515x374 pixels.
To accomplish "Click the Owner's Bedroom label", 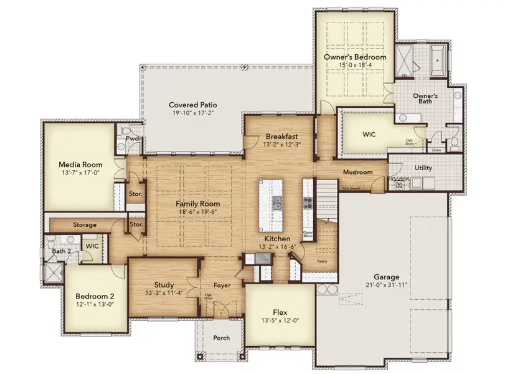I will pos(354,57).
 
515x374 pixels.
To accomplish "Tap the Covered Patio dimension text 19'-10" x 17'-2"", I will pos(193,113).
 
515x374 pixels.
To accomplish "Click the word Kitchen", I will pos(277,239).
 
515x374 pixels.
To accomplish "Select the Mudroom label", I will pos(357,172).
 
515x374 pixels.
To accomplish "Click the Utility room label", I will pos(423,168).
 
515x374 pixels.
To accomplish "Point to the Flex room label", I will pos(280,312).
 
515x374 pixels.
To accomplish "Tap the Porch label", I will pos(221,338).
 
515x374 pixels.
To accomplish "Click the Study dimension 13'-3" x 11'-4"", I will pos(164,293).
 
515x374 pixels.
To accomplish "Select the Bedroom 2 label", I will pos(95,296).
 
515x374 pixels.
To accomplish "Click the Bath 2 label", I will pos(60,251).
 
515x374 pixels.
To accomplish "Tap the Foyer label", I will pos(221,285).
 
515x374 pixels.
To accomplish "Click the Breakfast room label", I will pos(281,137).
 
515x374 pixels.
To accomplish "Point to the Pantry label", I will pos(322,262).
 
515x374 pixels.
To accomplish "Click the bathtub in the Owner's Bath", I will pos(440,59).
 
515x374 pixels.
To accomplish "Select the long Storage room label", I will pos(84,224).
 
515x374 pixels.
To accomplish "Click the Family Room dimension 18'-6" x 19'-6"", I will pos(197,212).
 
